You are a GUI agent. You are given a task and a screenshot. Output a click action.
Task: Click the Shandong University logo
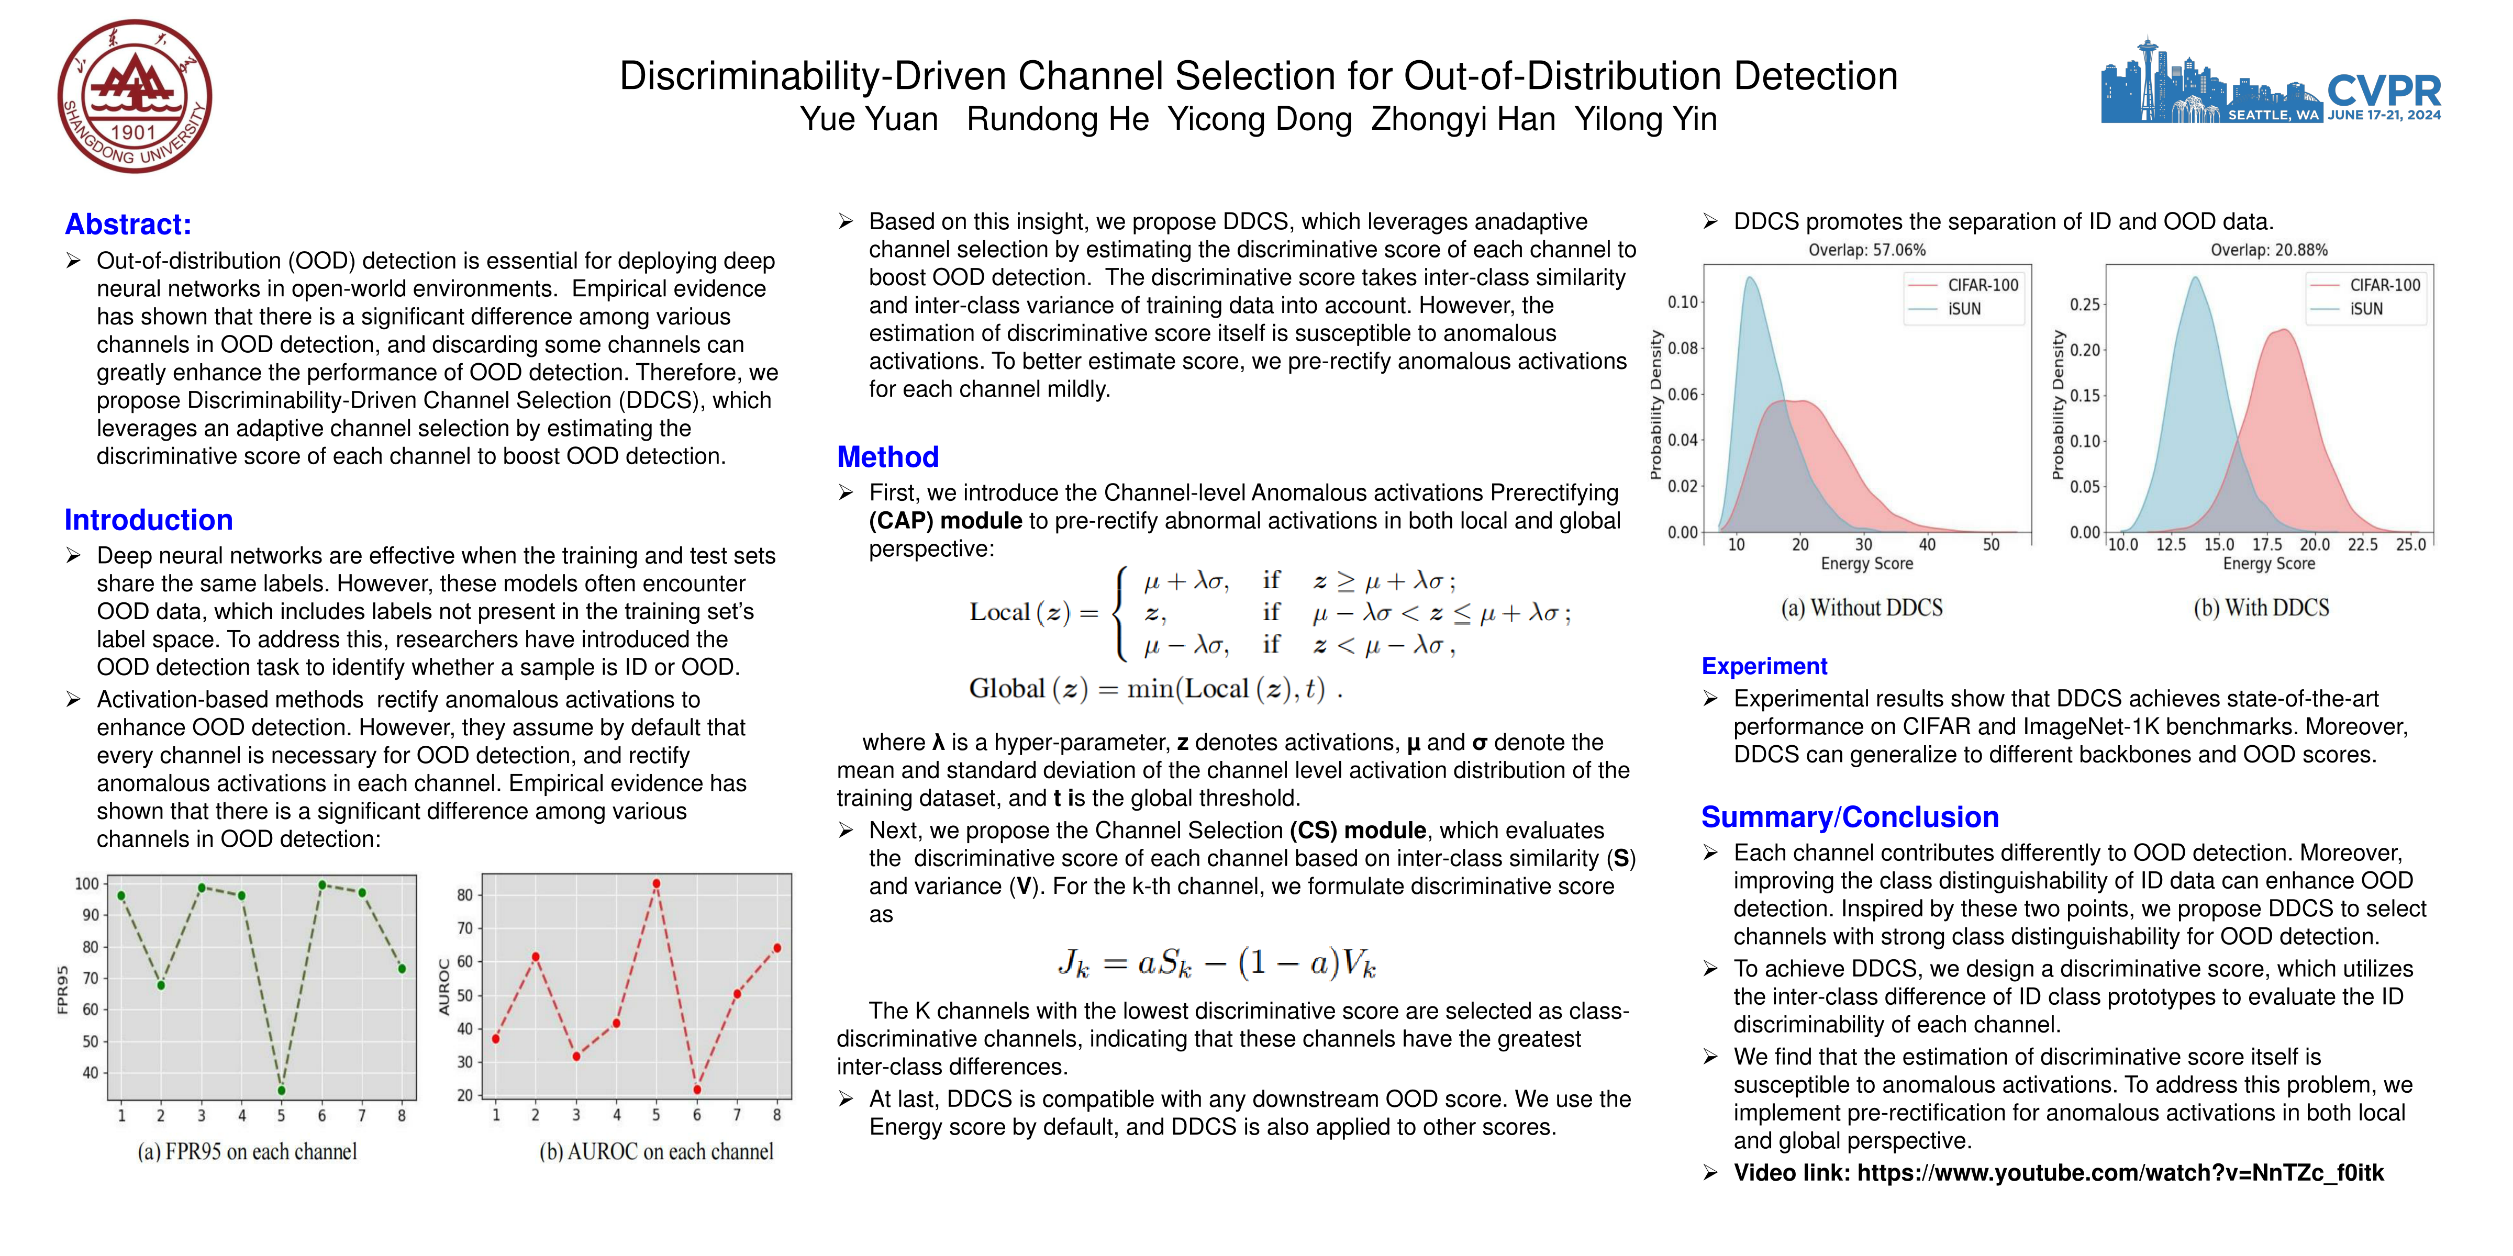pos(135,96)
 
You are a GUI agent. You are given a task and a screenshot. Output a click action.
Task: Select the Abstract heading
pos(128,225)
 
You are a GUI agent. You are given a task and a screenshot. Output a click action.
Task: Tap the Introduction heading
pos(148,520)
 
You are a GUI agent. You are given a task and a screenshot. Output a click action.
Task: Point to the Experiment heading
pos(1764,666)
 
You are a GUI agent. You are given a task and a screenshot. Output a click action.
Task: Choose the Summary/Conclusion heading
pos(1850,816)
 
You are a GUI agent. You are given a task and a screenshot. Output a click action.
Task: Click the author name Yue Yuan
pos(868,119)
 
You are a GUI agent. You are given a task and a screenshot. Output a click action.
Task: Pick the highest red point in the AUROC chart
pos(657,883)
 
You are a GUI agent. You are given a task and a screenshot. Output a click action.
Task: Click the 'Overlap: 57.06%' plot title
pos(1866,250)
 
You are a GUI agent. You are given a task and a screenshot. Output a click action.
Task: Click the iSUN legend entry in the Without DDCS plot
pos(1964,309)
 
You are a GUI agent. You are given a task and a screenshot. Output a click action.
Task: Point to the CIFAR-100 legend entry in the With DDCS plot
pos(2384,285)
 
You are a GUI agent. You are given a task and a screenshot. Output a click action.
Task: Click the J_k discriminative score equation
pos(1217,963)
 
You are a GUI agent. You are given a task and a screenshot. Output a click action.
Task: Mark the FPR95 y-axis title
pos(62,990)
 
